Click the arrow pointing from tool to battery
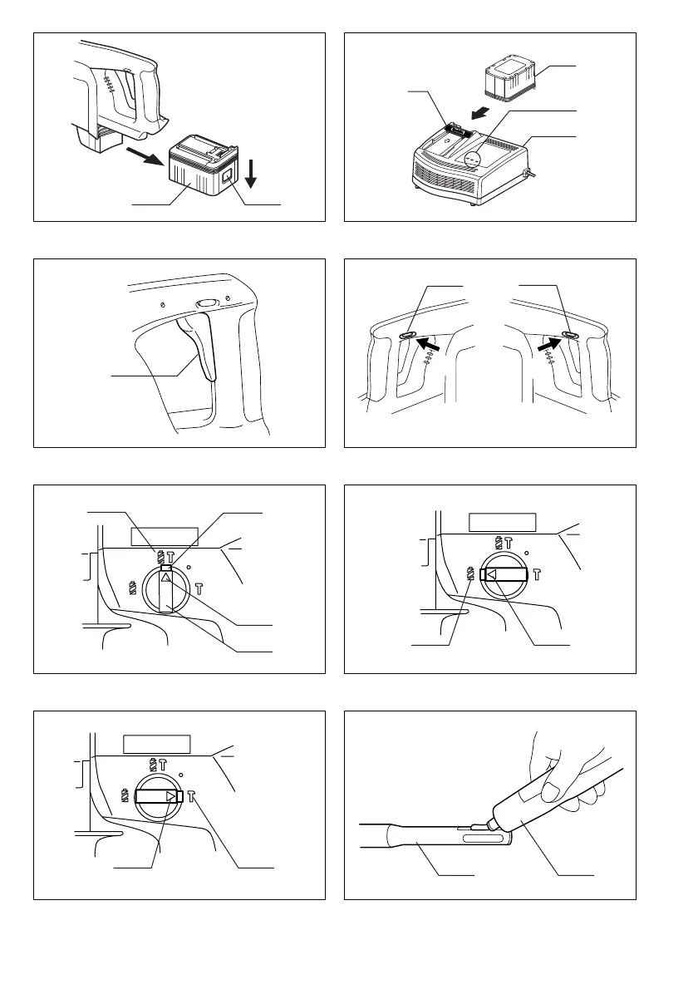click(x=146, y=156)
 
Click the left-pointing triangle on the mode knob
click(x=490, y=573)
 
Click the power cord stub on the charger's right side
click(x=527, y=174)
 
